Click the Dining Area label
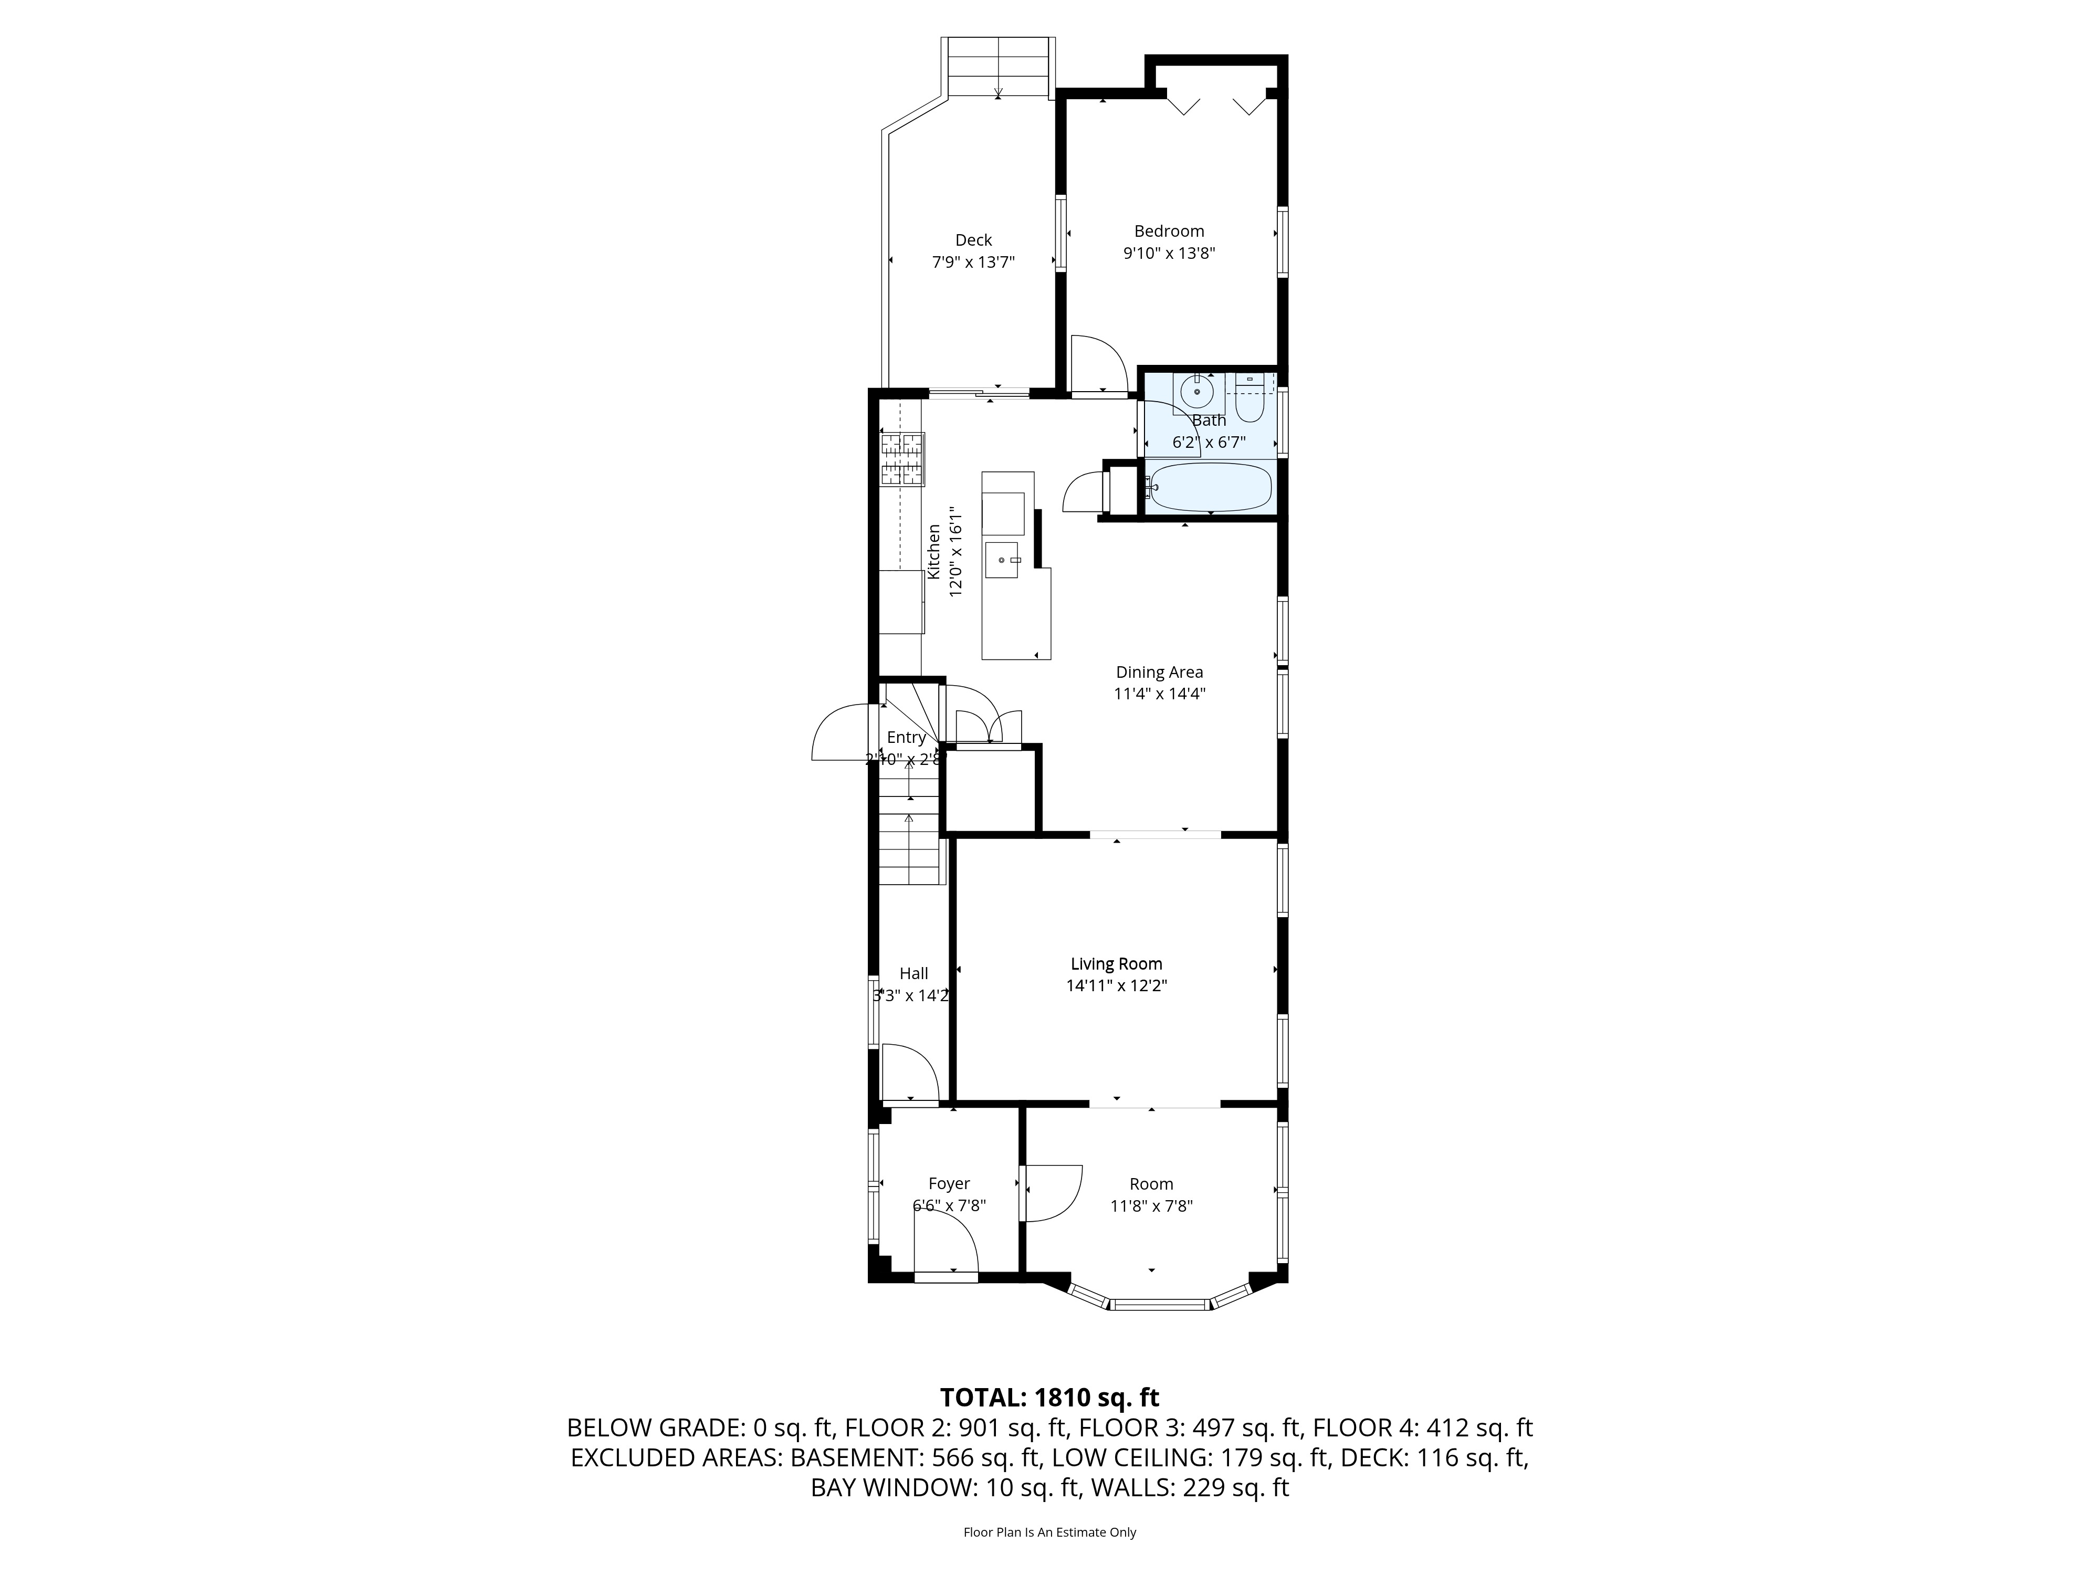pos(1159,672)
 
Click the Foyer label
pos(949,1184)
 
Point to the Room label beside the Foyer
pos(1151,1184)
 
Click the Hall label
pos(913,973)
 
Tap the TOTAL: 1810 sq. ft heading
pos(1049,1398)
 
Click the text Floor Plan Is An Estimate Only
pos(1049,1532)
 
